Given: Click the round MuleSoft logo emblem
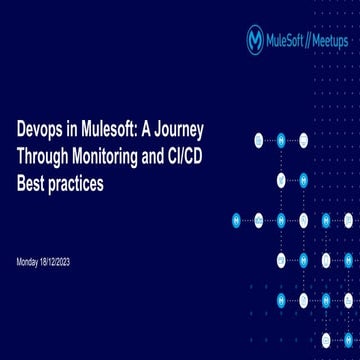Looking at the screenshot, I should tap(257, 40).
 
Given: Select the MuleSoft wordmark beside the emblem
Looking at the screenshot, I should tap(289, 40).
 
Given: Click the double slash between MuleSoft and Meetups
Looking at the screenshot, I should tap(311, 40).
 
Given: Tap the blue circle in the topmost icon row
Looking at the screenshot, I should tap(281, 139).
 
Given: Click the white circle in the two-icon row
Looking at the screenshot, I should tap(281, 180).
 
